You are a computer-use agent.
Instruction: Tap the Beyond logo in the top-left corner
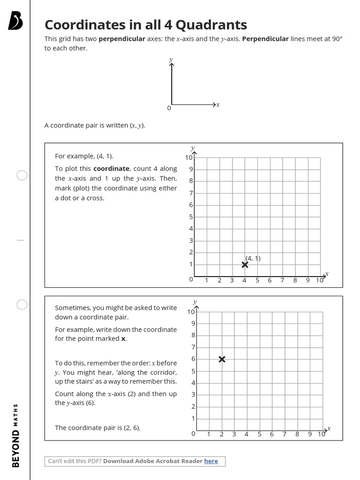[15, 21]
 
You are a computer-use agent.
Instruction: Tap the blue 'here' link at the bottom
[211, 461]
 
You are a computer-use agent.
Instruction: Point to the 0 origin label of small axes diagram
[169, 108]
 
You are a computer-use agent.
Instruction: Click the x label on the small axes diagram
[218, 105]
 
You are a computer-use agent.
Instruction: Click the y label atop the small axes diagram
[171, 60]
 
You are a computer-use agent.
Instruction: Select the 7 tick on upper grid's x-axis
[282, 280]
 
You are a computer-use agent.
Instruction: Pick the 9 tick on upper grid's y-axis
[191, 169]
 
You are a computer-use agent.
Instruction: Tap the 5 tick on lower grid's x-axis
[259, 434]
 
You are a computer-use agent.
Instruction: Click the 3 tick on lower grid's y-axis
[193, 395]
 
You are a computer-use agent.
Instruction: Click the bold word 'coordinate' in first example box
[111, 169]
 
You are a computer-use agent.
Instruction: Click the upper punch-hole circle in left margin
[22, 175]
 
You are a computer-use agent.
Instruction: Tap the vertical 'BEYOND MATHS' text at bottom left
[16, 435]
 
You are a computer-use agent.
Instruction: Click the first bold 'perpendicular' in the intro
[122, 39]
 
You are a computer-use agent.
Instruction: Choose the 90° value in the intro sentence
[337, 39]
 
